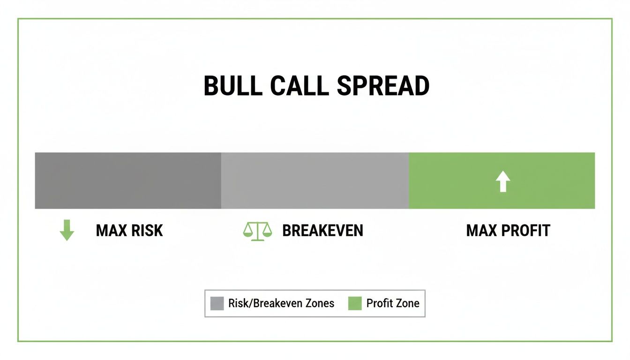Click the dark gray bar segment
point(127,180)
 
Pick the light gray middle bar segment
point(315,180)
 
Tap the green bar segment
point(469,180)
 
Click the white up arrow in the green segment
point(502,181)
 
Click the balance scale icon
point(257,231)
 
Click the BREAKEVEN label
point(322,231)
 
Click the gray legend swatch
point(217,303)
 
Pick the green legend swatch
point(355,303)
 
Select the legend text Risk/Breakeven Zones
point(281,303)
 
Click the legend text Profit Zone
point(393,303)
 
